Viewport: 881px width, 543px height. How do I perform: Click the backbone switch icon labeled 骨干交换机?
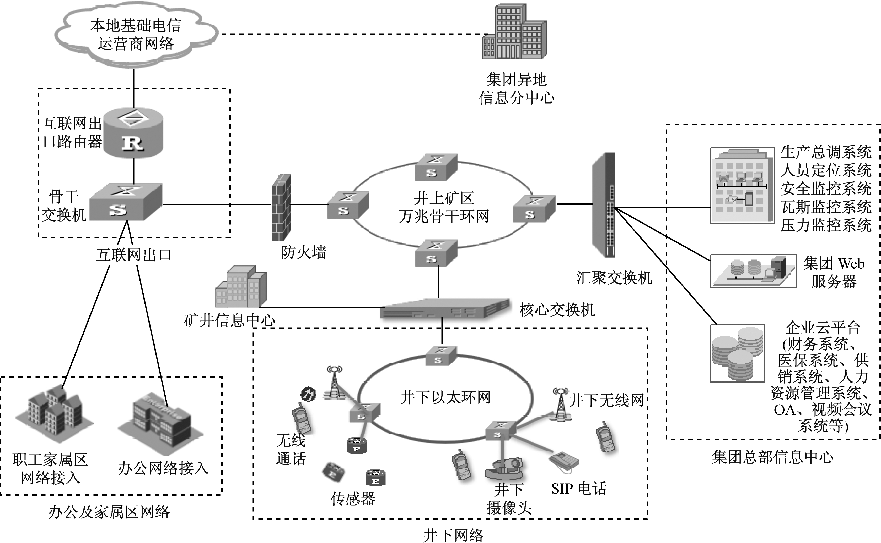[x=126, y=202]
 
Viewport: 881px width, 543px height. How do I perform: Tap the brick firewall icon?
[x=281, y=208]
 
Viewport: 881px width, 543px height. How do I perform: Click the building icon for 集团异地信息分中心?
[x=514, y=32]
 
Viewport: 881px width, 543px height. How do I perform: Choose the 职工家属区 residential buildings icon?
[x=54, y=413]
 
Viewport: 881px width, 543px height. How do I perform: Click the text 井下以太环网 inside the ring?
[x=445, y=397]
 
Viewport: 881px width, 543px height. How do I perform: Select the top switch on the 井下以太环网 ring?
[x=441, y=356]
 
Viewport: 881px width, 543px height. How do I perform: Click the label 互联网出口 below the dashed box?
[x=134, y=255]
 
